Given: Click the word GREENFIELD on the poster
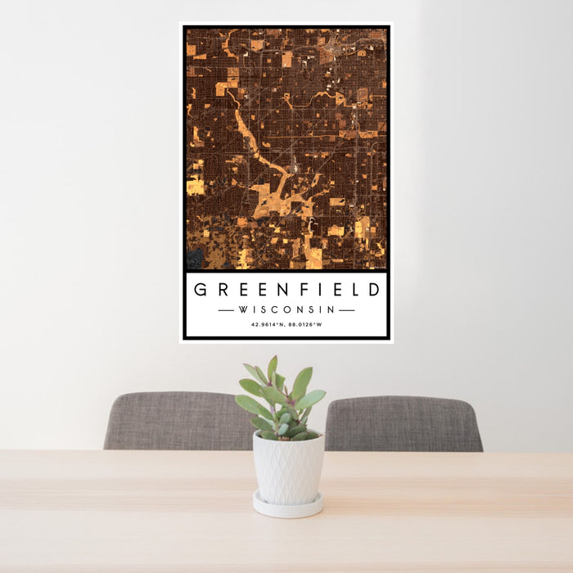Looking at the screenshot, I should pyautogui.click(x=286, y=290).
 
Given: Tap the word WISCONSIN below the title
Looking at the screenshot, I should pyautogui.click(x=286, y=310).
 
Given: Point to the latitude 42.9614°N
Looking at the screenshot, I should pyautogui.click(x=267, y=325).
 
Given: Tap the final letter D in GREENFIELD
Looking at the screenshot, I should pyautogui.click(x=373, y=290).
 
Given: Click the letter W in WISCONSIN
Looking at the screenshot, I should pyautogui.click(x=242, y=310).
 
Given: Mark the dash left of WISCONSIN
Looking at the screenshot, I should pyautogui.click(x=227, y=310).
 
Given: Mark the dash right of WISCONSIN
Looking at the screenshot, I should pyautogui.click(x=346, y=310).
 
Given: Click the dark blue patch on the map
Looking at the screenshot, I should pyautogui.click(x=194, y=259).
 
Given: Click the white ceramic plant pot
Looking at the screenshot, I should pyautogui.click(x=288, y=467).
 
